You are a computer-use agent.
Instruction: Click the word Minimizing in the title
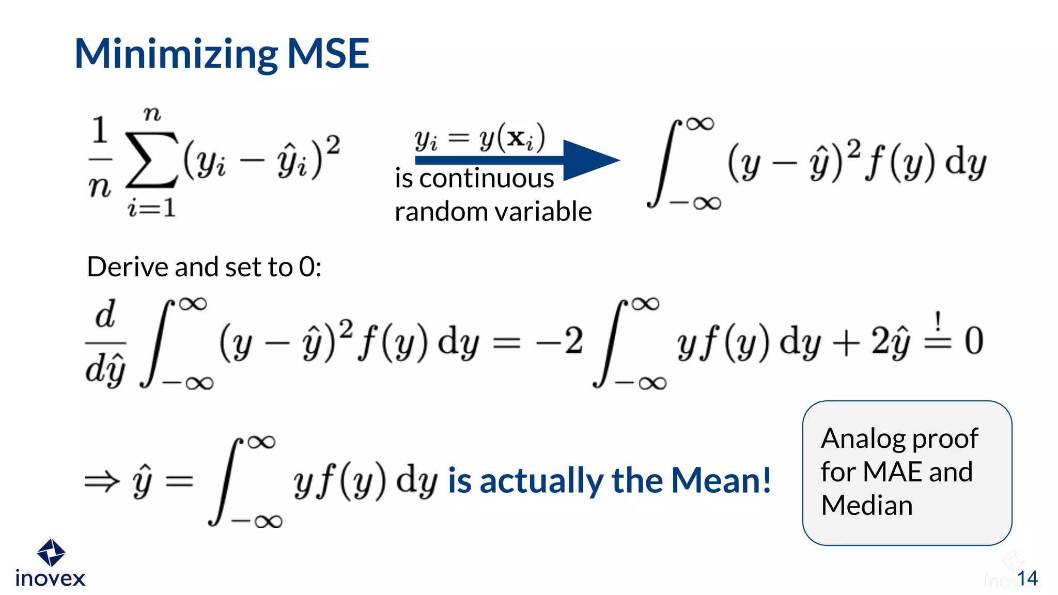point(176,54)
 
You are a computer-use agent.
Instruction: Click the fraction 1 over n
point(100,158)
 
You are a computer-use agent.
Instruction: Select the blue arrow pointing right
point(517,160)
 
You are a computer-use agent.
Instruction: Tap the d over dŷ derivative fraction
point(105,342)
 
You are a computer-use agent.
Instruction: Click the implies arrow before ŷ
point(101,482)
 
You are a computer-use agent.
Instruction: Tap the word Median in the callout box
point(867,505)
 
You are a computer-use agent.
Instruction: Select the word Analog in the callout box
point(863,439)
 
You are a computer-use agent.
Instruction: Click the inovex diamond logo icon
point(51,553)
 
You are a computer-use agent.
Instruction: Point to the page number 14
point(1027,578)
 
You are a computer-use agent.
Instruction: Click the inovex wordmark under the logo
point(50,578)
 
